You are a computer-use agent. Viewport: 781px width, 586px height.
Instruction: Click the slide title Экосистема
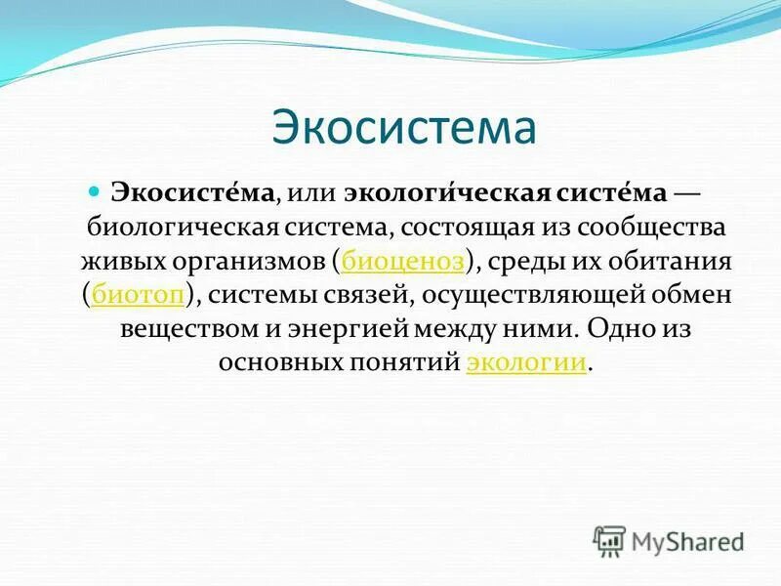click(x=403, y=129)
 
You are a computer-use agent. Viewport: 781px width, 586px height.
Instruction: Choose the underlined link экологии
click(x=526, y=361)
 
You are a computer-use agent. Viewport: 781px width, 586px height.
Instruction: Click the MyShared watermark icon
click(x=610, y=538)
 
